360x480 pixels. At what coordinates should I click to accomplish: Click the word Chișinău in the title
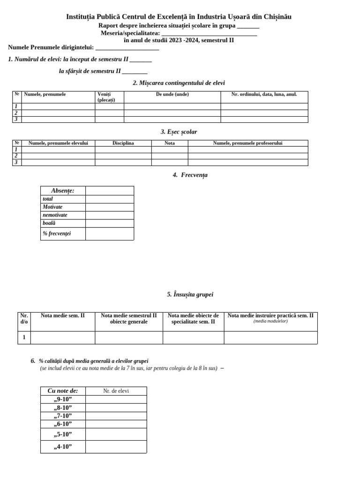tap(277, 17)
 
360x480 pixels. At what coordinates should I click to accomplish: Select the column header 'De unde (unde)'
tap(172, 94)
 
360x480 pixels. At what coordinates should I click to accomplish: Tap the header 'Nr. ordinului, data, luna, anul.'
tap(264, 94)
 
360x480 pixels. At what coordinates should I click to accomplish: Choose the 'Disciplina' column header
tap(123, 143)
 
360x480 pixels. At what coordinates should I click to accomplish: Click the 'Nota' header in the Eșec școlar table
tap(170, 143)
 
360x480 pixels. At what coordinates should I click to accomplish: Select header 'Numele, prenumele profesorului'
tap(247, 143)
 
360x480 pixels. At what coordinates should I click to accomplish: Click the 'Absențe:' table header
tap(63, 190)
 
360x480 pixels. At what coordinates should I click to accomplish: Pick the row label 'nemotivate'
tap(55, 215)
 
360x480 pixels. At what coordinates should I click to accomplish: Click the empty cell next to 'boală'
tap(109, 224)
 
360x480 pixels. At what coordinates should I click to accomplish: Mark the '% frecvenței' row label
tap(57, 233)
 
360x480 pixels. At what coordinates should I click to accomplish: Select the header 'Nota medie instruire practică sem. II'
tap(270, 316)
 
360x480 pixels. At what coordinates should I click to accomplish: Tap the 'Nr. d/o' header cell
tap(24, 319)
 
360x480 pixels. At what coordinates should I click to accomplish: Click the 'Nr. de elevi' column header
tap(116, 391)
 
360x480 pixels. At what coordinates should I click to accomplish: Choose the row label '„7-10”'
tap(63, 416)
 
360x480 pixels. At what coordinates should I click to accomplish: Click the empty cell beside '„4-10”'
tap(116, 447)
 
